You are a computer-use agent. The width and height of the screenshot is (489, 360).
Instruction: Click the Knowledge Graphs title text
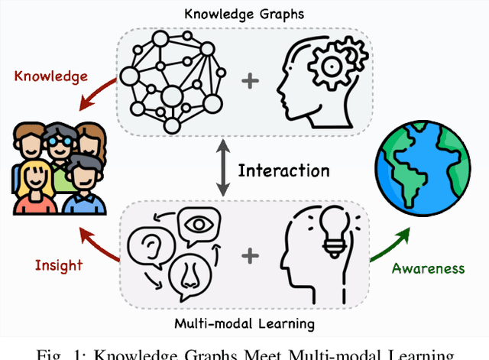click(x=244, y=13)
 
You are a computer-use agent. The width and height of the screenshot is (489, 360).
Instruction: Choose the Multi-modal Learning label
click(x=244, y=323)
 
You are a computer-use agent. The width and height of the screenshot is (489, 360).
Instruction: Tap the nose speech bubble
click(x=194, y=275)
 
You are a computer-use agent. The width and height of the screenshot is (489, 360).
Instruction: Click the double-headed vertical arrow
click(x=222, y=170)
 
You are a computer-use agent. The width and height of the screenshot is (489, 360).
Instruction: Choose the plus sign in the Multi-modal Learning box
click(x=248, y=253)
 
